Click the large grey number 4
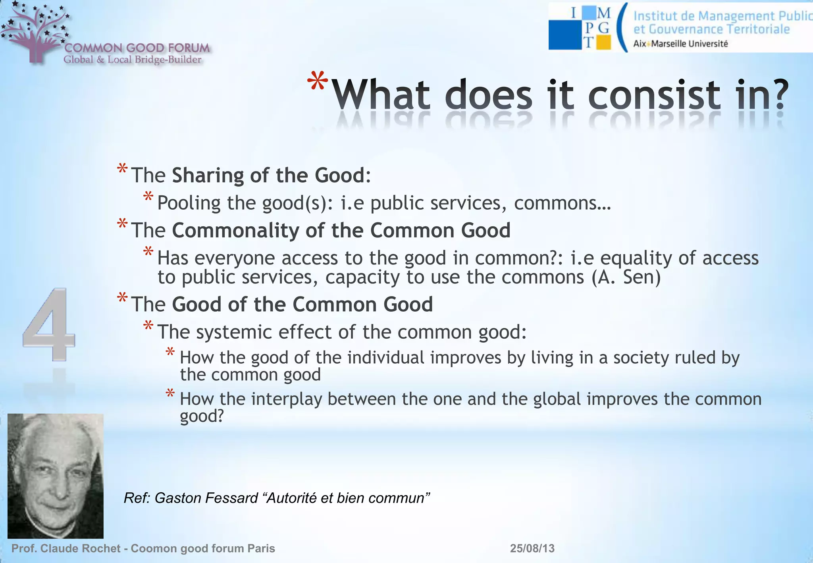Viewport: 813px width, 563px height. pos(48,324)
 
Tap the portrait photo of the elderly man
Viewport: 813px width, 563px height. pos(56,476)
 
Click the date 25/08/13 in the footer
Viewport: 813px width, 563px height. pos(532,548)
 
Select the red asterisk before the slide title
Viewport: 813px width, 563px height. pos(318,83)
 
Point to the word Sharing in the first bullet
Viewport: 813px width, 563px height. pos(208,175)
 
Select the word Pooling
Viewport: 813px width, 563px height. pos(189,203)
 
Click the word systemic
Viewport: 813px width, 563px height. pos(234,332)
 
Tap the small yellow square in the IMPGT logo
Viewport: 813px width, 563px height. pos(604,42)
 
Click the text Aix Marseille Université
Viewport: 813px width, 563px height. pos(680,44)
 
